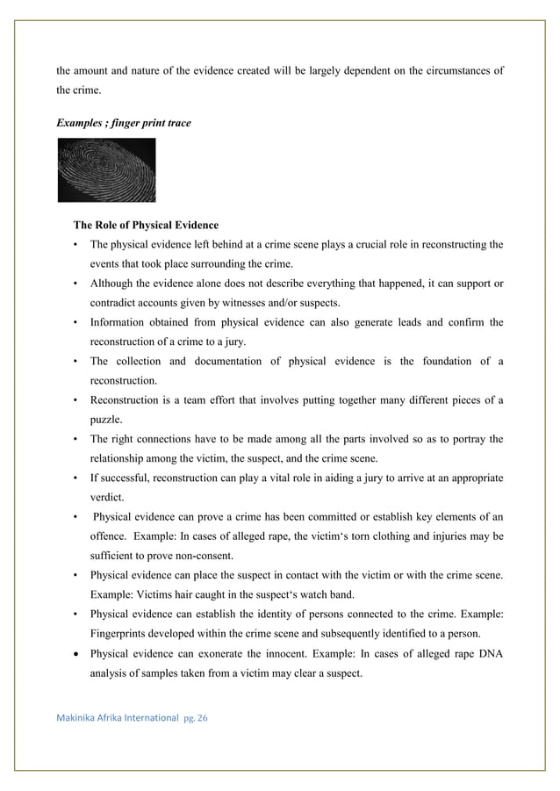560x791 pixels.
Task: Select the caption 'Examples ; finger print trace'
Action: [x=123, y=123]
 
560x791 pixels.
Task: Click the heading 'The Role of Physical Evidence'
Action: [x=146, y=225]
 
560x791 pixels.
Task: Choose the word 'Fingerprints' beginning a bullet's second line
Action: [x=118, y=633]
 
